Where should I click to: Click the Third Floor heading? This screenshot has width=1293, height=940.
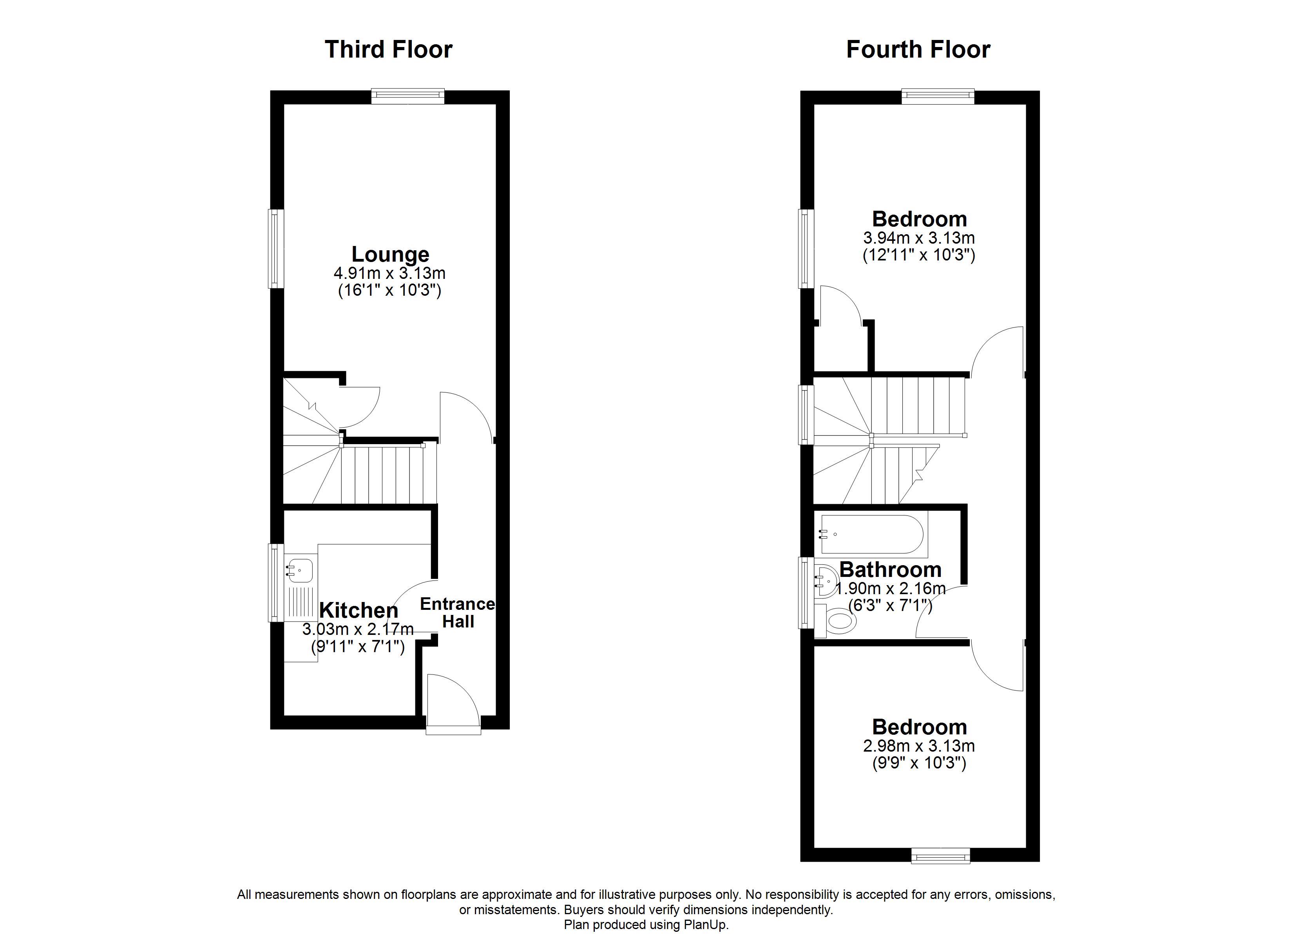[x=388, y=50]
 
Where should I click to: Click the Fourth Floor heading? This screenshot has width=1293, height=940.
[x=918, y=50]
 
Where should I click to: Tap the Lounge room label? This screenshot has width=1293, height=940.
[x=390, y=254]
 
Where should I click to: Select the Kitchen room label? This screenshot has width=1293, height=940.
[x=359, y=610]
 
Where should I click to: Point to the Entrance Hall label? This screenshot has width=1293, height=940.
[x=458, y=612]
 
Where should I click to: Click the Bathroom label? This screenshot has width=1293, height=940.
[x=890, y=569]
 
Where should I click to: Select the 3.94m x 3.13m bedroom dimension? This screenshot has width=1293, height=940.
[x=918, y=238]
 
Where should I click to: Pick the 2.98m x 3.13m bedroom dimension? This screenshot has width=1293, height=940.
[x=918, y=746]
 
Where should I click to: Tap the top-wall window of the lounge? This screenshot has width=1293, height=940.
[x=407, y=96]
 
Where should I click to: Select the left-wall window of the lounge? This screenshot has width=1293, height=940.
[x=277, y=249]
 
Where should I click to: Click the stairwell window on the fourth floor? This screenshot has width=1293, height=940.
[x=806, y=414]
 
